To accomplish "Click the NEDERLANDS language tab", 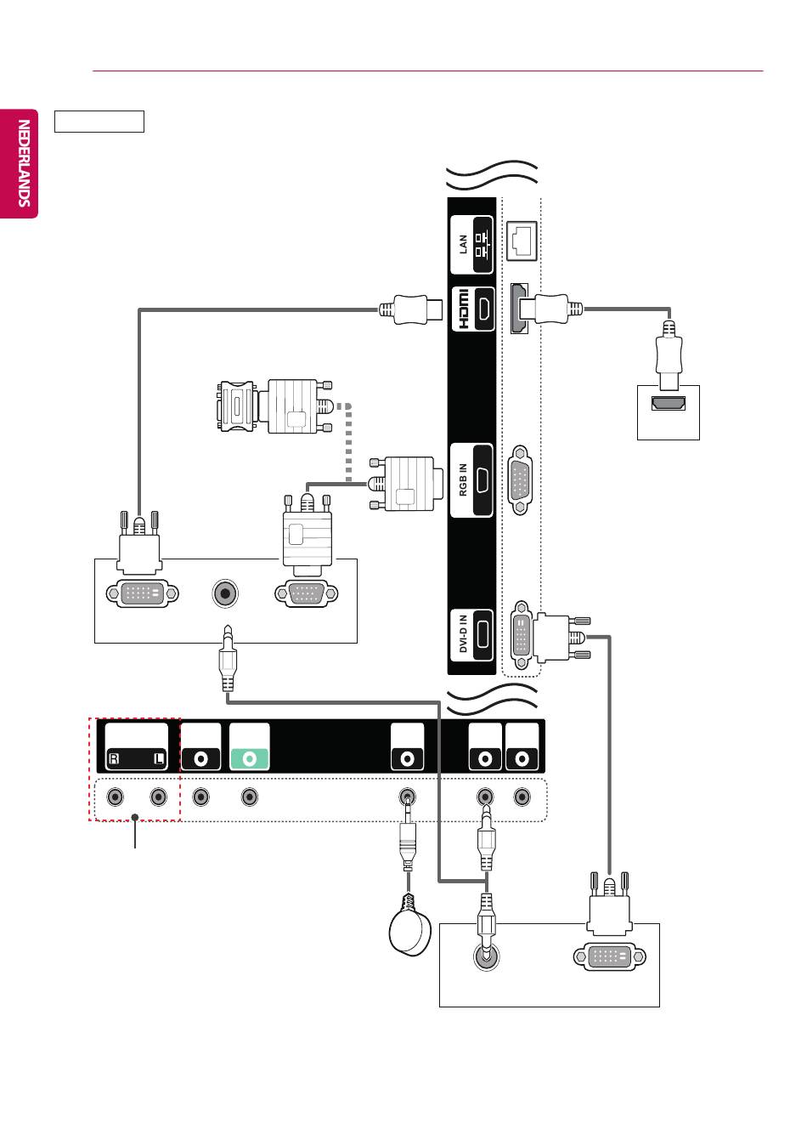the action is [x=19, y=163].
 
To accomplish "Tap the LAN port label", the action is [x=464, y=244].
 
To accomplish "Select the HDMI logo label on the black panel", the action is [x=462, y=309].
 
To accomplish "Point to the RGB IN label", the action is [x=463, y=479].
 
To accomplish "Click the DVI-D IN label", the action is [x=463, y=634].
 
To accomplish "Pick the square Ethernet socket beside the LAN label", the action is [x=522, y=241].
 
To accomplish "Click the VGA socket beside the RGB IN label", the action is [x=520, y=479].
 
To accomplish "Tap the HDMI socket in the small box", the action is [x=668, y=403].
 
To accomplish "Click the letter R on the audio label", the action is [x=114, y=758].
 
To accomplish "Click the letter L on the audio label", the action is [x=160, y=758].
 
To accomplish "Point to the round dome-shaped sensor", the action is [x=409, y=932].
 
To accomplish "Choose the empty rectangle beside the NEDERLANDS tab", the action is [x=99, y=122].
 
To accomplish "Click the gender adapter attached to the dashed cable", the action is [x=236, y=406].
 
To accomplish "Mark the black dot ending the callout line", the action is [x=135, y=817].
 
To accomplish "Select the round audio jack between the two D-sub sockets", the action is [x=225, y=593].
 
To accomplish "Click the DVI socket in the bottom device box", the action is [x=609, y=956].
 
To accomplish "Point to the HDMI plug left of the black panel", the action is [x=410, y=309].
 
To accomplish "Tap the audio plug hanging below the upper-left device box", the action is [x=228, y=658].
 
